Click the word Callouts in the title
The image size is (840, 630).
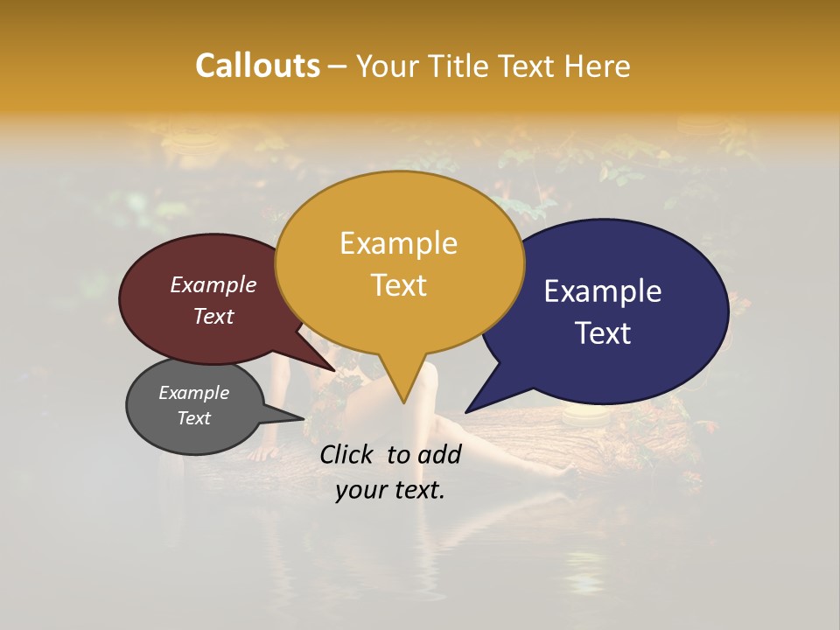point(257,66)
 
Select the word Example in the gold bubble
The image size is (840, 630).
point(398,243)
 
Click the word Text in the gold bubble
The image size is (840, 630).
point(398,285)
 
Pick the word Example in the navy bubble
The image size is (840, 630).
point(603,291)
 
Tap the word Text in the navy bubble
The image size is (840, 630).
point(603,333)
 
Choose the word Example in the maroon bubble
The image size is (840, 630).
point(213,285)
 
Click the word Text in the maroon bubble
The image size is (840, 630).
point(213,317)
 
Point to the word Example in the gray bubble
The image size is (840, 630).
point(193,393)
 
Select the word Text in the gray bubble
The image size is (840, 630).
point(193,418)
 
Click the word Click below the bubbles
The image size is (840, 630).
point(348,454)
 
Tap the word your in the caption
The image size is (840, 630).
point(360,491)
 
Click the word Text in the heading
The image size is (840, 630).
point(528,66)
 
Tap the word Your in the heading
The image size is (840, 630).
point(388,66)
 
